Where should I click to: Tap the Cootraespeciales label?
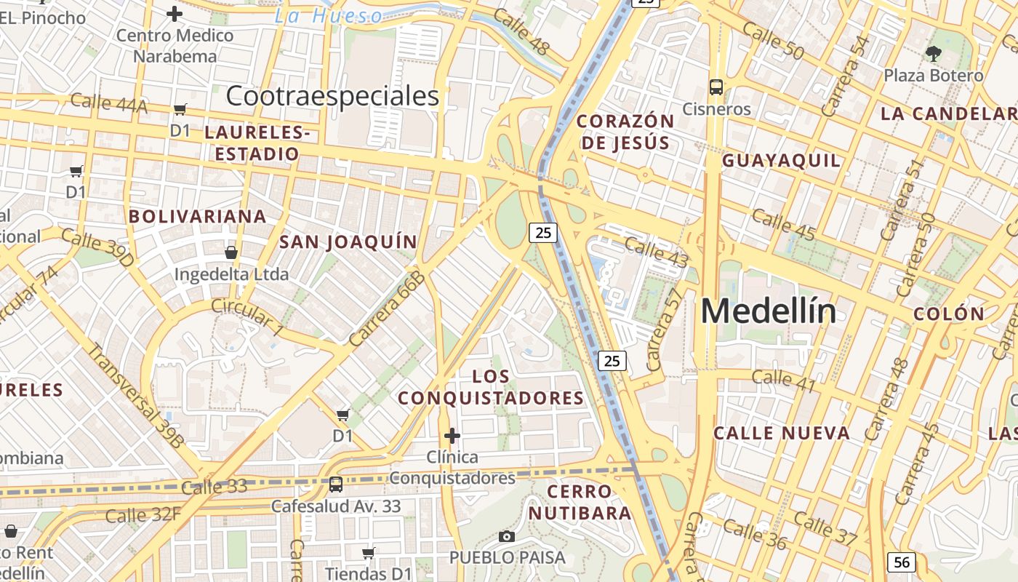pos(332,96)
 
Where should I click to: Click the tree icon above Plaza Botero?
pos(934,53)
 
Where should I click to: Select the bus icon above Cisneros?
pos(716,87)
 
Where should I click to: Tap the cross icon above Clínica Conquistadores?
pos(452,436)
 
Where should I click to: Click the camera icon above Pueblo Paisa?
pos(507,537)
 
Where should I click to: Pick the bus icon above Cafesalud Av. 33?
pos(336,484)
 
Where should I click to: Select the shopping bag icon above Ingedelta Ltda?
pos(231,252)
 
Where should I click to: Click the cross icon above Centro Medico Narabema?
pos(175,13)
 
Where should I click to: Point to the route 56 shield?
pos(901,562)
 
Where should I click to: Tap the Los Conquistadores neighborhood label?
pos(491,387)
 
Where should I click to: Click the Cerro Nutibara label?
pos(580,502)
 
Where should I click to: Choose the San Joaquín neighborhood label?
pos(348,242)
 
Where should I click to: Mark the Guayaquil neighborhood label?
pos(781,161)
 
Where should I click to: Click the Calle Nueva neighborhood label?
pos(782,434)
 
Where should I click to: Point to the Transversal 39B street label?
pos(136,396)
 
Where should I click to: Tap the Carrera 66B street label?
pos(386,308)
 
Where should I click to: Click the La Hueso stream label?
pos(328,16)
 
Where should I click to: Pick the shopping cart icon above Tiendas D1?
pos(369,554)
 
